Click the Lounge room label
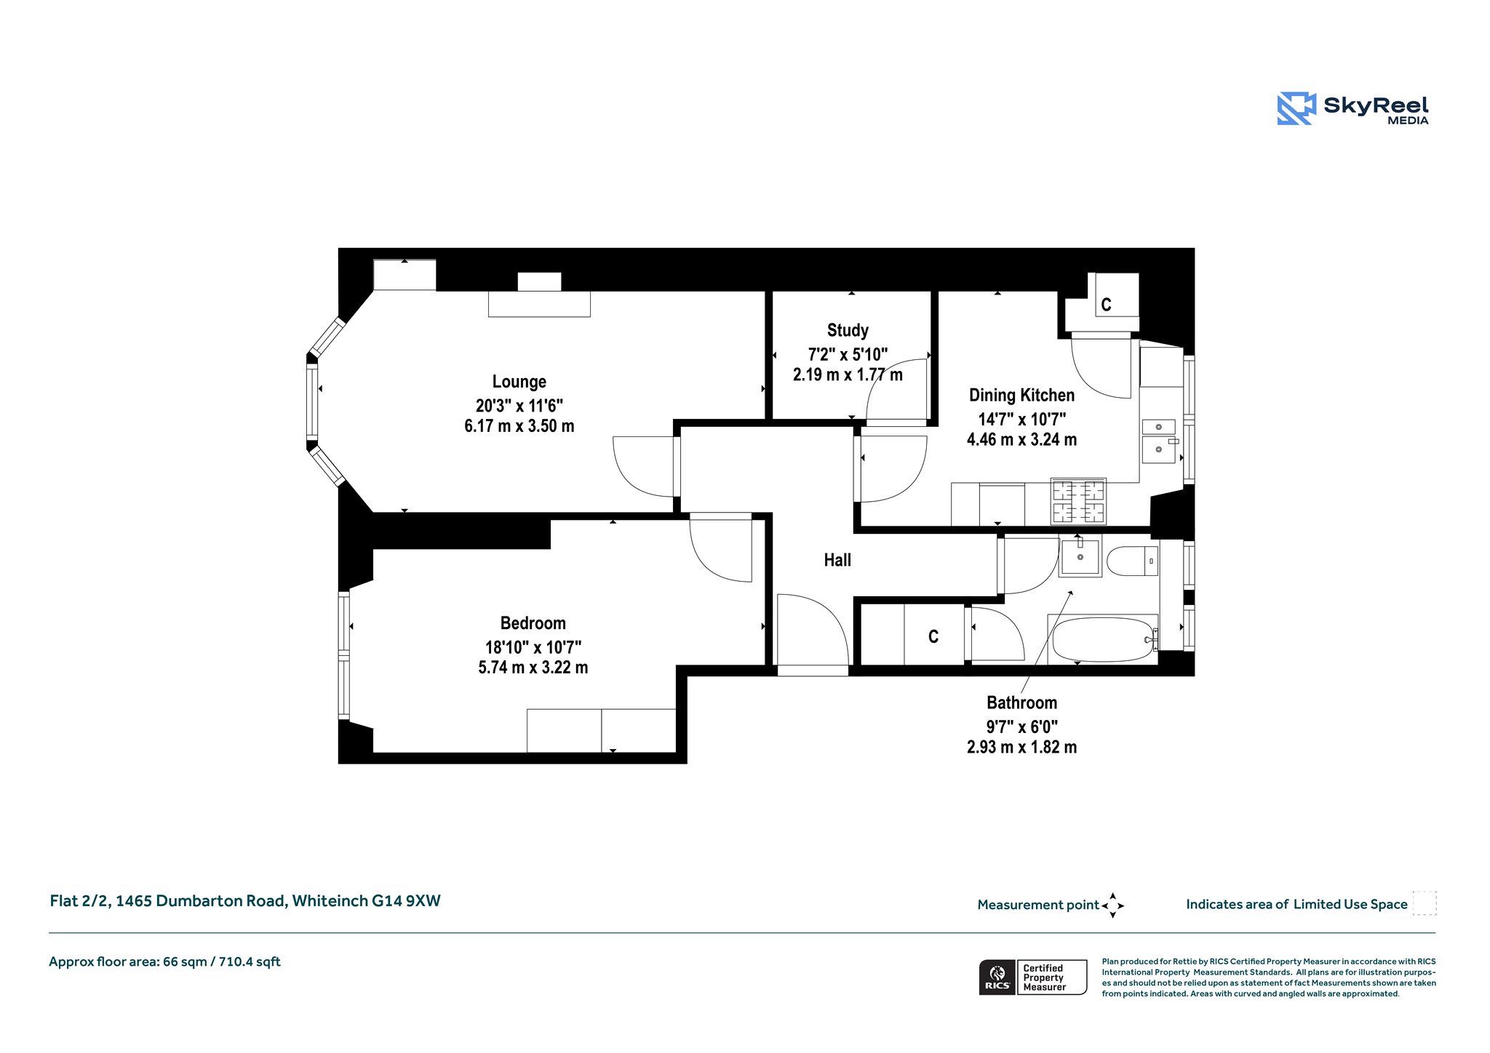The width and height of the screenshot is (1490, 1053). pyautogui.click(x=519, y=382)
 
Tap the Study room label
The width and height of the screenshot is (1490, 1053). pyautogui.click(x=848, y=331)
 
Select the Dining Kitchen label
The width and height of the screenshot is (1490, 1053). pyautogui.click(x=1021, y=396)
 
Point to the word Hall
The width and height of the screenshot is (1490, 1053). pyautogui.click(x=837, y=560)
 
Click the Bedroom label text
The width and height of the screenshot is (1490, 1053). pyautogui.click(x=533, y=623)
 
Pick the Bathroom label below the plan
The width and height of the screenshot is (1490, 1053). pyautogui.click(x=1021, y=702)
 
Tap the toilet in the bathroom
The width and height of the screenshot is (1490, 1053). pyautogui.click(x=1132, y=561)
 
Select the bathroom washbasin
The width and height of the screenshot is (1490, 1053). pyautogui.click(x=1080, y=556)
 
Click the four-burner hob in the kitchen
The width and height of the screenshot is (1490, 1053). pyautogui.click(x=1078, y=502)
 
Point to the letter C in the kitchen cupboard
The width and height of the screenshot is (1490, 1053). pyautogui.click(x=1106, y=305)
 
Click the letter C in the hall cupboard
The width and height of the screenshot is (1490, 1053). pyautogui.click(x=933, y=637)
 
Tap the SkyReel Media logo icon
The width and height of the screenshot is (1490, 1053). pyautogui.click(x=1296, y=108)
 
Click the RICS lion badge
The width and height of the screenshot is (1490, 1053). pyautogui.click(x=997, y=977)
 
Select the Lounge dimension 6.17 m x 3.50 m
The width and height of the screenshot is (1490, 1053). pyautogui.click(x=519, y=426)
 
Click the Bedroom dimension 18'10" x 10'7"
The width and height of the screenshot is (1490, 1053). pyautogui.click(x=533, y=647)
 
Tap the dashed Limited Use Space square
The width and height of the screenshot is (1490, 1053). pyautogui.click(x=1425, y=902)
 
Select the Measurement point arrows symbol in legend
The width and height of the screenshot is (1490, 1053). pyautogui.click(x=1112, y=905)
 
